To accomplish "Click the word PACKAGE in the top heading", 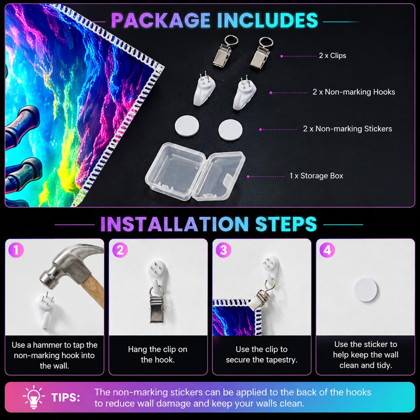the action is click(x=161, y=20).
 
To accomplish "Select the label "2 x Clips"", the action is click(x=332, y=56).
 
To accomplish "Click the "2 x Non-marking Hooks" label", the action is click(x=354, y=92).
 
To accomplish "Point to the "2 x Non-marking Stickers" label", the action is click(x=348, y=129).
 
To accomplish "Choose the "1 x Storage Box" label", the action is click(x=316, y=176).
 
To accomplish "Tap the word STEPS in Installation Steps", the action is click(x=286, y=224).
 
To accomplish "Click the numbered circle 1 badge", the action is click(x=16, y=250).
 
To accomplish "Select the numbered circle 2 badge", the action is click(x=120, y=250).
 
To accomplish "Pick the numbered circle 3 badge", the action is click(x=224, y=250).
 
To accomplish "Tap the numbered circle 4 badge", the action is click(x=327, y=250).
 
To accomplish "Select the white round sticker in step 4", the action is click(x=365, y=290).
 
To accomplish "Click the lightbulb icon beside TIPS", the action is click(x=34, y=397).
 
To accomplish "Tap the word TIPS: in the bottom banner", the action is click(x=66, y=398).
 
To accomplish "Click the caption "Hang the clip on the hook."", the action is click(x=157, y=355).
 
